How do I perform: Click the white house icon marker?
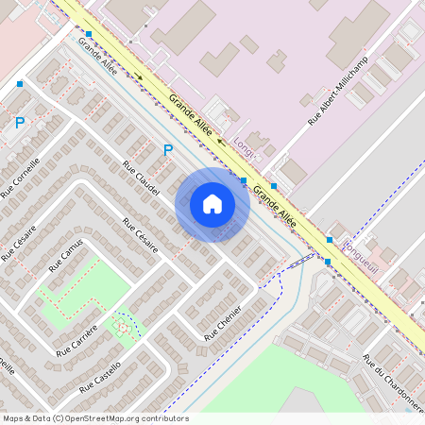212,203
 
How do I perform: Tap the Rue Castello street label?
100,378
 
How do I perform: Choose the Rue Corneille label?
21,177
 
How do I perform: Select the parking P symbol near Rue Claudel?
168,149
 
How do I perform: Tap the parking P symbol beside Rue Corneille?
20,122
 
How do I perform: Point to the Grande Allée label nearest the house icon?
276,204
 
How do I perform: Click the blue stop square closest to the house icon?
244,179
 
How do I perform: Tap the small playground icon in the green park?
122,326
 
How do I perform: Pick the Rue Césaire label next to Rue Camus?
19,242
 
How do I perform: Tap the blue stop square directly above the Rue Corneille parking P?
20,84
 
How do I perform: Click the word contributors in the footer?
166,418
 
